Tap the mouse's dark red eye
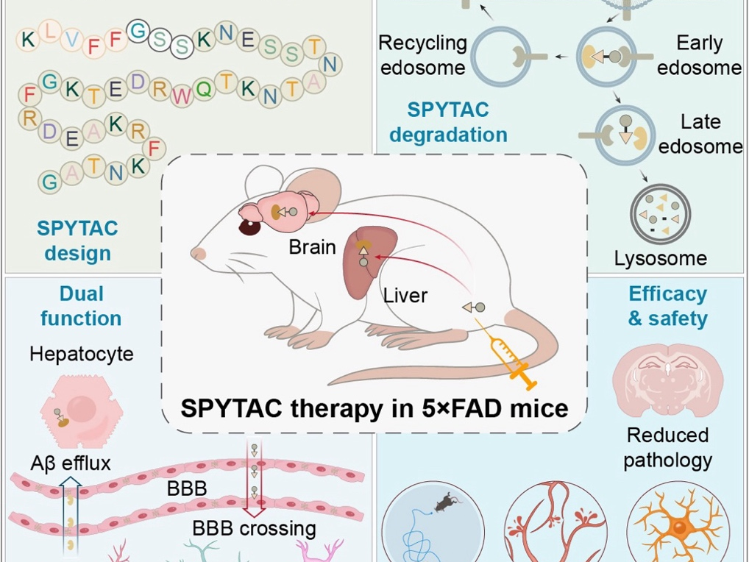[x=249, y=226]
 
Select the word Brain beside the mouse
[x=312, y=246]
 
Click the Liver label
[x=405, y=296]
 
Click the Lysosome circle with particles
[x=660, y=215]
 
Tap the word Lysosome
[x=660, y=258]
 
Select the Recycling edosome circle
[x=502, y=57]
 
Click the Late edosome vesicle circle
[x=625, y=135]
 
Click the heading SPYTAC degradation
[x=448, y=122]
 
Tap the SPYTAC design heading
[x=77, y=241]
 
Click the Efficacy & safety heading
[x=667, y=306]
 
